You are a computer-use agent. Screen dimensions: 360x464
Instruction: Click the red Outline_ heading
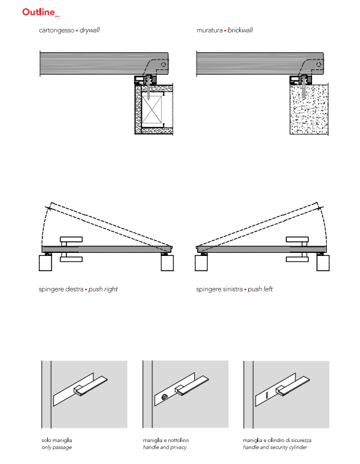click(x=41, y=12)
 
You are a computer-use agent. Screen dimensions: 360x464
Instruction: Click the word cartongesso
click(x=57, y=30)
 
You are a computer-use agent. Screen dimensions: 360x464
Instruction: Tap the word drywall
click(x=90, y=30)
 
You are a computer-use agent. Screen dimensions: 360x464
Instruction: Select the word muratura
click(x=209, y=30)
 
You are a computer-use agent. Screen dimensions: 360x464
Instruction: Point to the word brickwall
click(x=240, y=30)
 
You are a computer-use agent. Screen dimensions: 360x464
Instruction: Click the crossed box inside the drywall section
click(x=152, y=109)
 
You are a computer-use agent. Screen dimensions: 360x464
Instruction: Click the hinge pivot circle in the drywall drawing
click(x=163, y=64)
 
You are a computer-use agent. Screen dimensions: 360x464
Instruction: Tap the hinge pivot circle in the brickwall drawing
click(x=319, y=64)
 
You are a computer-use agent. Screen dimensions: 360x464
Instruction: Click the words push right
click(x=103, y=289)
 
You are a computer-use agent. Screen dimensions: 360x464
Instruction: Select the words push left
click(x=260, y=289)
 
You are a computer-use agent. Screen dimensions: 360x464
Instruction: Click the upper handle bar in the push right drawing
click(x=71, y=239)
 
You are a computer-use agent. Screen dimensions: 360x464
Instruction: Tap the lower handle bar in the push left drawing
click(x=297, y=260)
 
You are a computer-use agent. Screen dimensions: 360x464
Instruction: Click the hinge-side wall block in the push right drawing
click(x=168, y=263)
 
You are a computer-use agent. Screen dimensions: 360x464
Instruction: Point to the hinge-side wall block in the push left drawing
click(x=201, y=263)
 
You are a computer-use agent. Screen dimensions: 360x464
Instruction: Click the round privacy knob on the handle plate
click(x=165, y=398)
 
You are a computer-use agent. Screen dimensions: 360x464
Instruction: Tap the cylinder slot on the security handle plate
click(x=267, y=396)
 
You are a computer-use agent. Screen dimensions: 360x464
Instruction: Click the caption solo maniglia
click(x=57, y=440)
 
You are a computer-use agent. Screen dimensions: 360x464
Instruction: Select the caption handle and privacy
click(x=165, y=447)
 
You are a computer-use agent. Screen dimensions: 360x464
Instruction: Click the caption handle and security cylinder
click(x=275, y=447)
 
